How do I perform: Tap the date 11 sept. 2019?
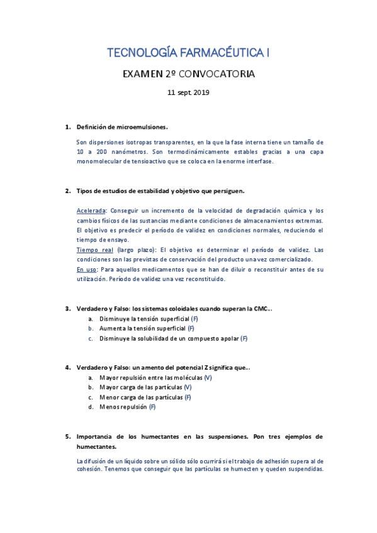[x=188, y=92]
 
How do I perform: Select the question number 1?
[x=68, y=127]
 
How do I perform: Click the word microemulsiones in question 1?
[x=145, y=127]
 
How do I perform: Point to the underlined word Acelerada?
[x=91, y=211]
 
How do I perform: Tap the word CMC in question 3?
[x=261, y=308]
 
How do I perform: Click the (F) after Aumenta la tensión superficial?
[x=191, y=328]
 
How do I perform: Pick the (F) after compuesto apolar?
[x=244, y=338]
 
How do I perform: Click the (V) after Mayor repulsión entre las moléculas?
[x=208, y=377]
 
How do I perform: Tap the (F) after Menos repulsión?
[x=152, y=407]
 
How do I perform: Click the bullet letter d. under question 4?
[x=91, y=407]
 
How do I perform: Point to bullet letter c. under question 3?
[x=91, y=338]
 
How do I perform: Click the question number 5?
[x=68, y=436]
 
